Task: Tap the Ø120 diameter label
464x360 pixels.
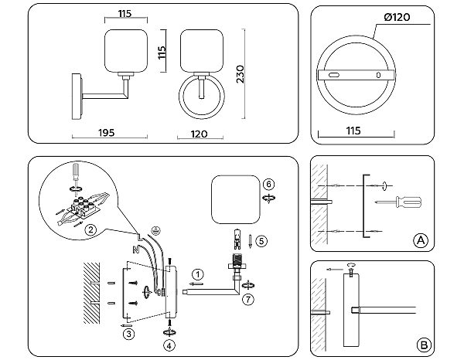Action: (397, 17)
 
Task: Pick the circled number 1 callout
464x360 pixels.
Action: (199, 273)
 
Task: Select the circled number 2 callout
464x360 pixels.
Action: (90, 229)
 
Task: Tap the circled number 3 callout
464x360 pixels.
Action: (128, 333)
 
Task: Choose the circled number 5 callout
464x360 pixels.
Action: (261, 241)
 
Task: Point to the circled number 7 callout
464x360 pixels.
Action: (247, 297)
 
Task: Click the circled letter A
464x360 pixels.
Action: (420, 239)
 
